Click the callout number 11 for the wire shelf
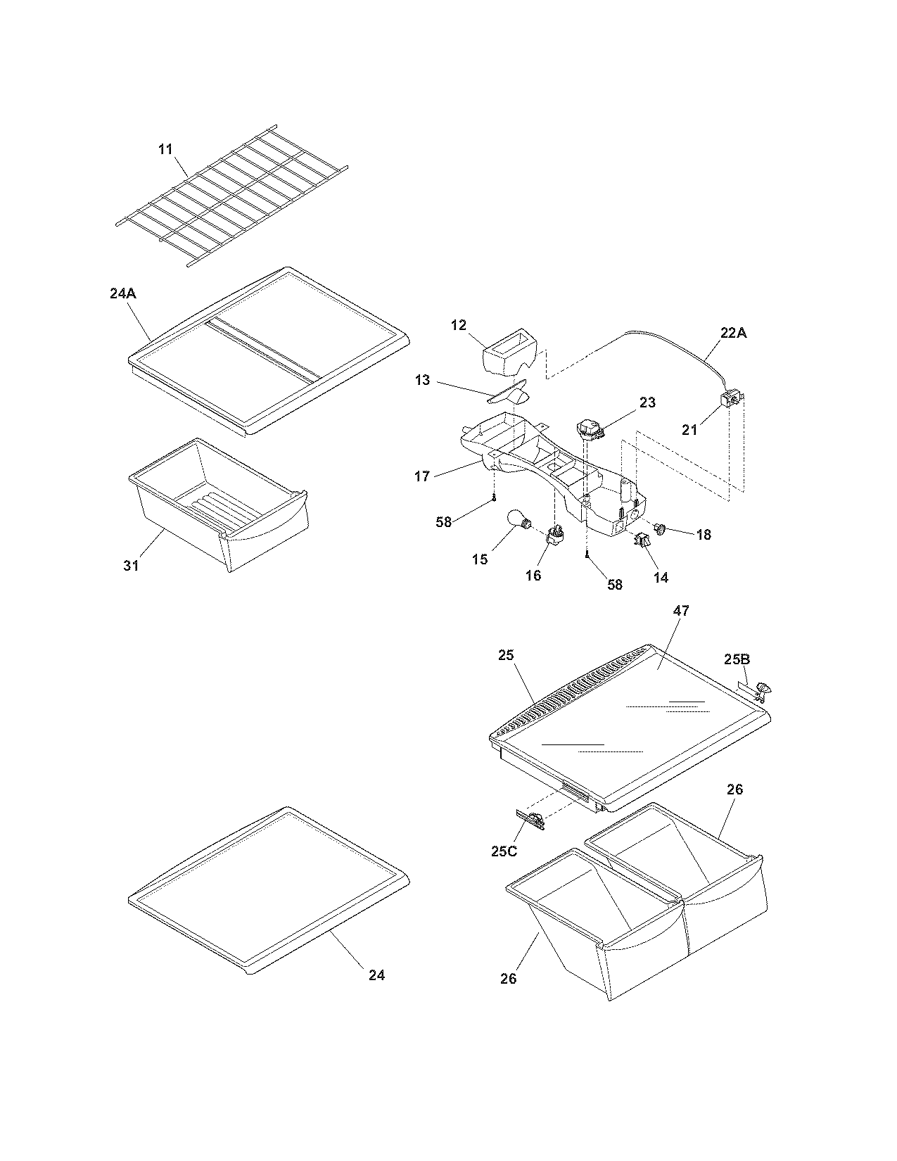click(x=165, y=149)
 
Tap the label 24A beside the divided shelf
click(x=122, y=295)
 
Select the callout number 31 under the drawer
click(x=132, y=565)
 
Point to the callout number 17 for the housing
click(x=422, y=476)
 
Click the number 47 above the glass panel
click(x=681, y=611)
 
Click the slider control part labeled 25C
click(x=533, y=819)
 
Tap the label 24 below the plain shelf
click(x=376, y=975)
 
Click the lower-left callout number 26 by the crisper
click(x=509, y=978)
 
